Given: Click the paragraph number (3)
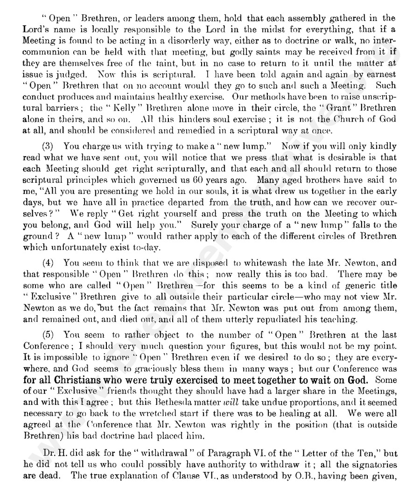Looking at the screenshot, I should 48,146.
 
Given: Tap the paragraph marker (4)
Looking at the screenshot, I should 48,263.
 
